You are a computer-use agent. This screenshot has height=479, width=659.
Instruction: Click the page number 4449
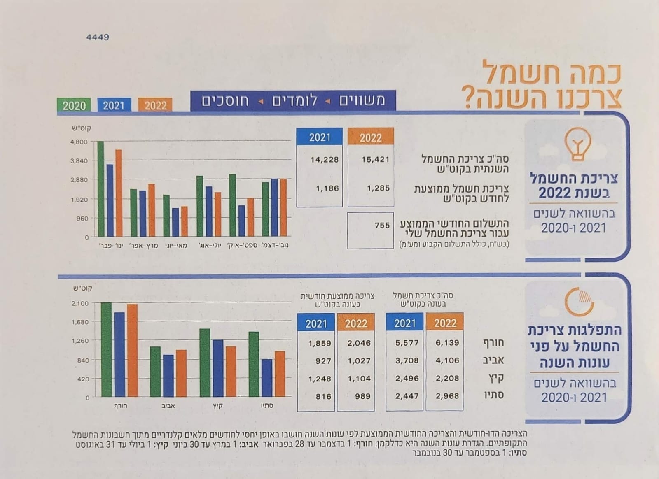coord(98,37)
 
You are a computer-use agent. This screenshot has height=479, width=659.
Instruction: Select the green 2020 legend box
coord(74,105)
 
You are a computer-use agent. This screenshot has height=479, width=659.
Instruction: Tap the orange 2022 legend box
coord(155,105)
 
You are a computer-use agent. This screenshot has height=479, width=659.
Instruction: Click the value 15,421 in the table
coord(375,159)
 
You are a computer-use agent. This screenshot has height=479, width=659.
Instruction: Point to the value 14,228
coord(325,159)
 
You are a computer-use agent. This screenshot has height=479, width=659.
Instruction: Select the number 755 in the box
coord(382,225)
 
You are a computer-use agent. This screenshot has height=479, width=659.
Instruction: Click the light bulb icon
coord(578,144)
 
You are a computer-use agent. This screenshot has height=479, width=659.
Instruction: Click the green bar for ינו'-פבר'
coord(101,189)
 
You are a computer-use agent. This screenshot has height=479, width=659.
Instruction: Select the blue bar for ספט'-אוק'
coord(241,221)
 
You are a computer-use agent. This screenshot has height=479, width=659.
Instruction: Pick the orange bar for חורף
coord(132,351)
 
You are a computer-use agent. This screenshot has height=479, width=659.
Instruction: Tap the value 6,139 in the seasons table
coord(447,342)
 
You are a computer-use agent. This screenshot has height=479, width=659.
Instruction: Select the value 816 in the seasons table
coord(323,396)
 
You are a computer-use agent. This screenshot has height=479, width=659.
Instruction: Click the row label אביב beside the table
coord(493,360)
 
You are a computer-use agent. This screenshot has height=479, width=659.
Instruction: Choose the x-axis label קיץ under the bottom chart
coord(218,406)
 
